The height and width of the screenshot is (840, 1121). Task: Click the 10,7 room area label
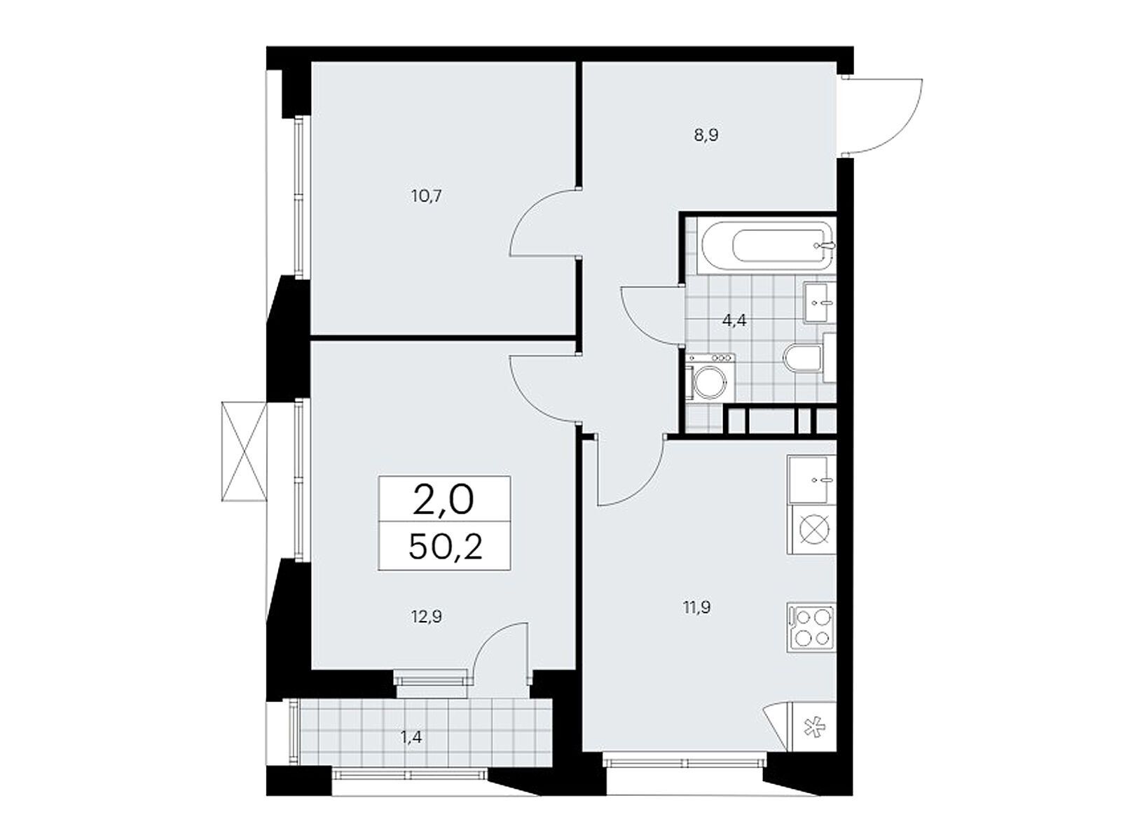click(x=427, y=196)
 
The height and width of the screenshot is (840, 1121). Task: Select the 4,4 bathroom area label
click(x=734, y=321)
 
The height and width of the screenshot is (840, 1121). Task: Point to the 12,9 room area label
click(x=427, y=617)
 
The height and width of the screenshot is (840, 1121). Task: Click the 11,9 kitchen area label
click(x=696, y=608)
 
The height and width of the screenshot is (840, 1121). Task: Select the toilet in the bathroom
click(x=809, y=358)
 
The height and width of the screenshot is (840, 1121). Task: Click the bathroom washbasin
click(x=820, y=302)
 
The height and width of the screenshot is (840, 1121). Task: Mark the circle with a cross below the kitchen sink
click(x=811, y=529)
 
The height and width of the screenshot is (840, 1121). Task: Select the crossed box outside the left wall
click(x=244, y=451)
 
